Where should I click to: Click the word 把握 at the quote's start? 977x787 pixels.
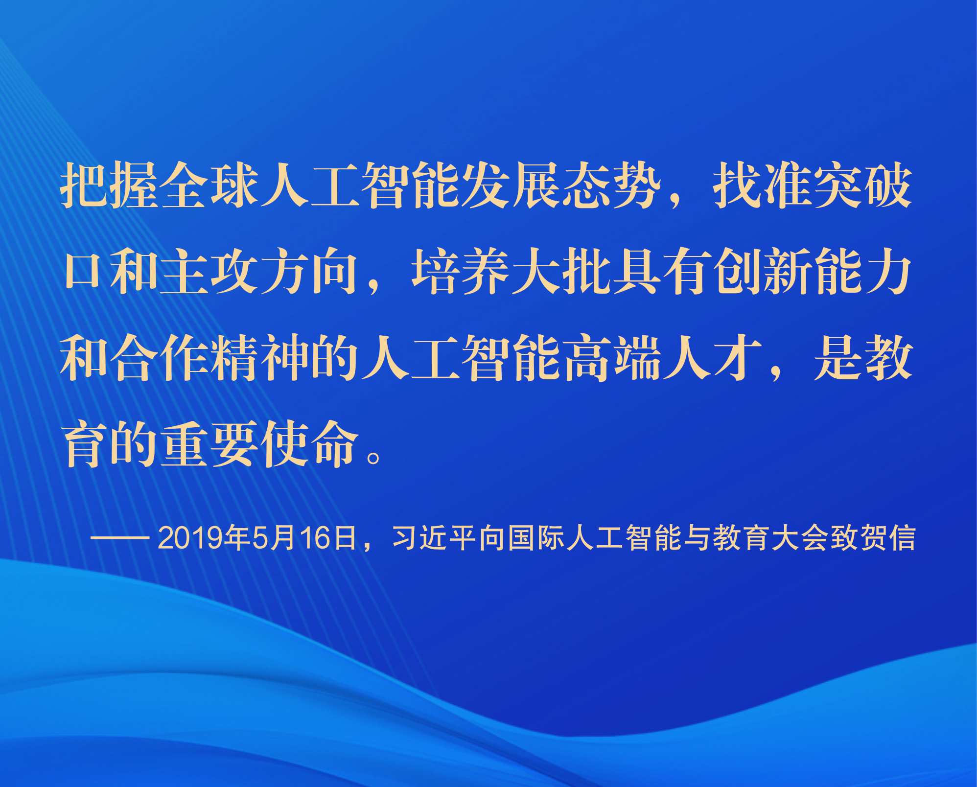pyautogui.click(x=109, y=185)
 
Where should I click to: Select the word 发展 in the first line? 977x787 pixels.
pyautogui.click(x=511, y=185)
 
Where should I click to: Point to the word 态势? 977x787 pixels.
pyautogui.click(x=611, y=185)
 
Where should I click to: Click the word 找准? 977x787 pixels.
pyautogui.click(x=763, y=185)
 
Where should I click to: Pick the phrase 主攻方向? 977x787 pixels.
pyautogui.click(x=260, y=271)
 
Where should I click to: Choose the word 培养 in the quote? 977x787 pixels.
pyautogui.click(x=461, y=271)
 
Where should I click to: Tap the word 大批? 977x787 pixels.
pyautogui.click(x=561, y=271)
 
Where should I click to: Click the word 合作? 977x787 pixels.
pyautogui.click(x=160, y=357)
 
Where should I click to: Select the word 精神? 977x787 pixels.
pyautogui.click(x=260, y=357)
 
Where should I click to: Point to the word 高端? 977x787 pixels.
pyautogui.click(x=611, y=357)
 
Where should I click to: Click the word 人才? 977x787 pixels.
pyautogui.click(x=712, y=357)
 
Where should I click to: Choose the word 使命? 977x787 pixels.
pyautogui.click(x=310, y=443)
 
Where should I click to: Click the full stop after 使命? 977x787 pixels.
pyautogui.click(x=373, y=458)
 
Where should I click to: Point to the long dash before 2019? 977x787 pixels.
pyautogui.click(x=120, y=538)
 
